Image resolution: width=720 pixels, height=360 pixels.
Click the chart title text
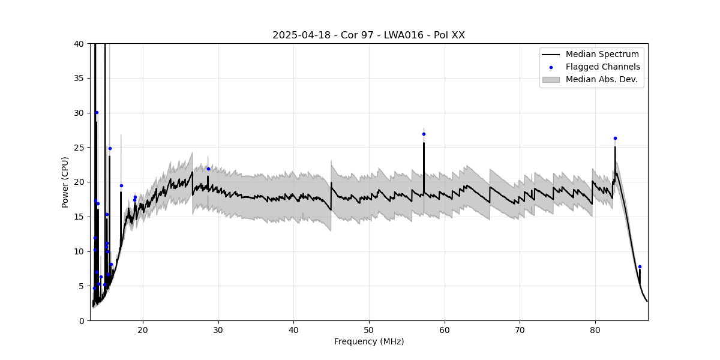[368, 35]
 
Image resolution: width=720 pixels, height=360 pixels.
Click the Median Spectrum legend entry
[602, 55]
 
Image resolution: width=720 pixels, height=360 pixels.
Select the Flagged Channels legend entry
[602, 67]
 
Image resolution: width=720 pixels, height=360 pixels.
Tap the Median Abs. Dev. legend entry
[601, 80]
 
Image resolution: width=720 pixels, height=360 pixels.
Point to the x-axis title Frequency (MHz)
[369, 342]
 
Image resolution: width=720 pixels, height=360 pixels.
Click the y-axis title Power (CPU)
[65, 182]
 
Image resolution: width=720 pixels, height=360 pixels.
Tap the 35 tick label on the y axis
[79, 78]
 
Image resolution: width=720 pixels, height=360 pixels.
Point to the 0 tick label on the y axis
[81, 320]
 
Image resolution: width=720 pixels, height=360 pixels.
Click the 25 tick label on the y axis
[79, 148]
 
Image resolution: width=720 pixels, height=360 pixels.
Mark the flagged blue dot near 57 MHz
[424, 134]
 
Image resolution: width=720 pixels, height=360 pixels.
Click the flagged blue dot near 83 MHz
[615, 138]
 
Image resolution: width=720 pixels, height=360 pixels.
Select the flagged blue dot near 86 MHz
[640, 266]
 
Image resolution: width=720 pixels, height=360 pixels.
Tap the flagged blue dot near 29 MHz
[208, 169]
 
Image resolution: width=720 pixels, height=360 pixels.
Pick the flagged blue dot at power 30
[97, 112]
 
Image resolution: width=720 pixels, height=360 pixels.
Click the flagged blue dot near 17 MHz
[121, 185]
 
